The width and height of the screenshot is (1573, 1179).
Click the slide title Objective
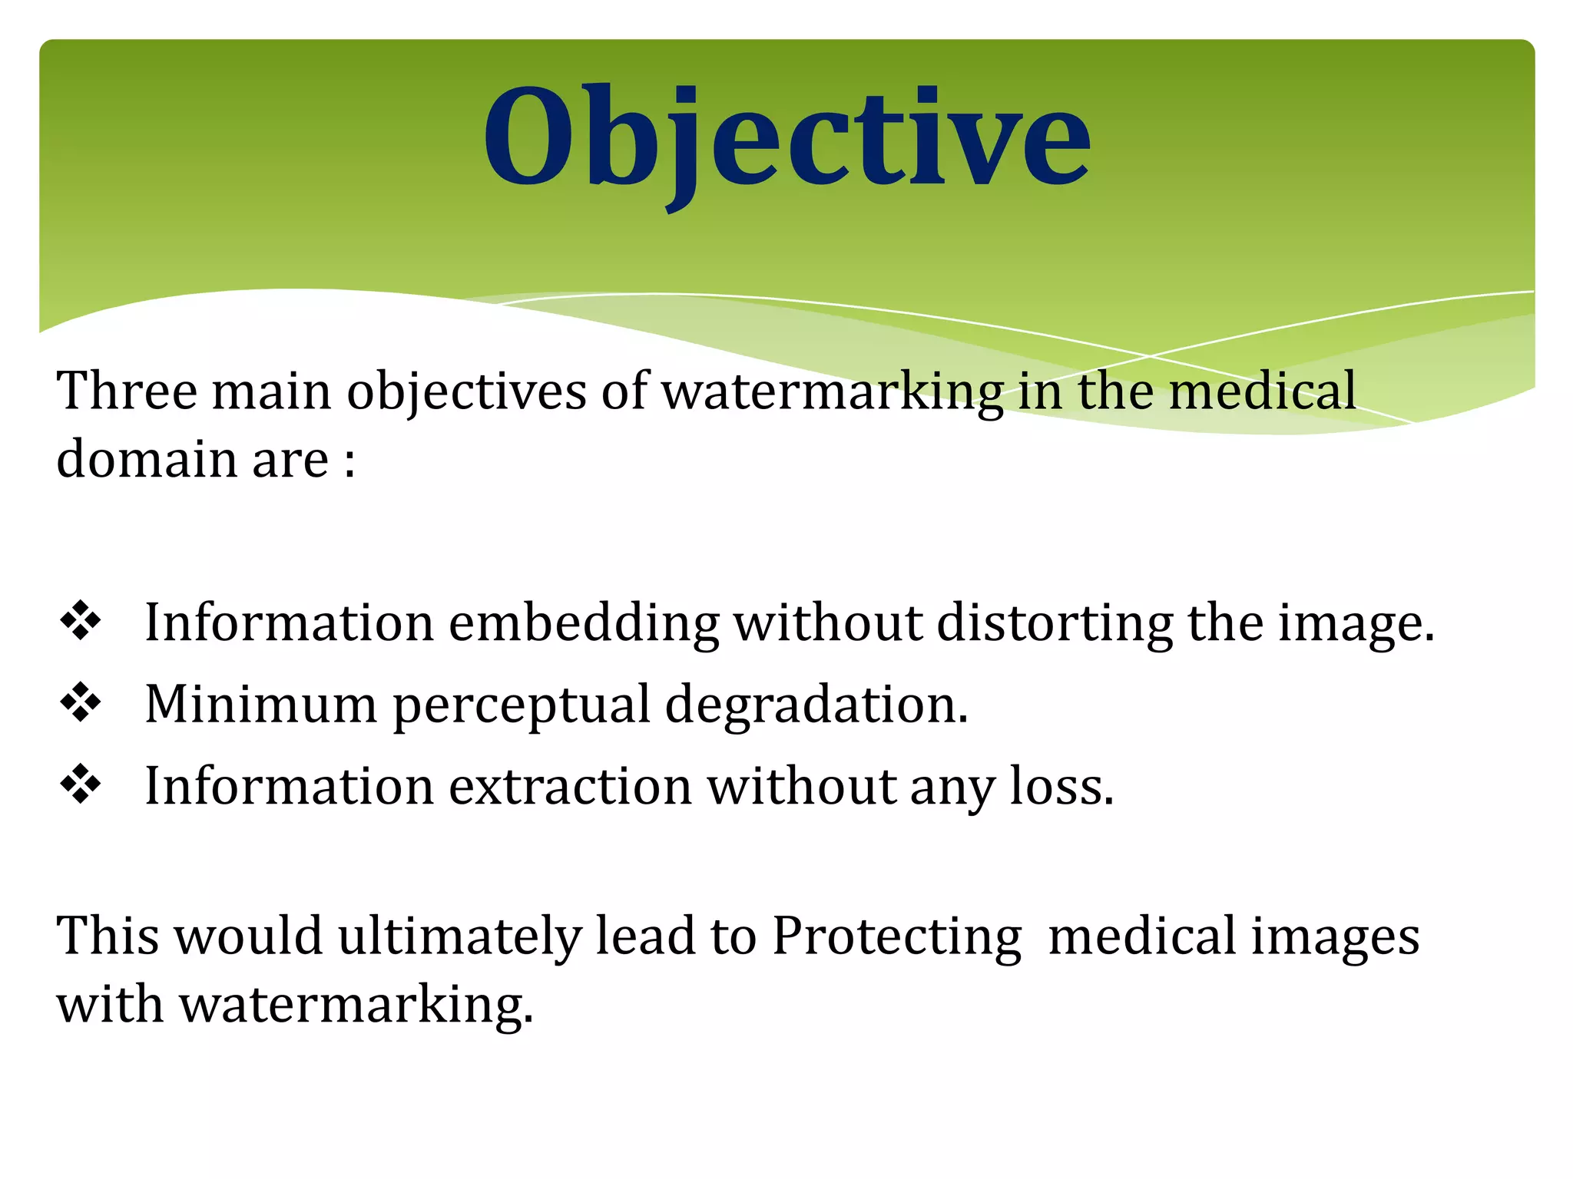pyautogui.click(x=786, y=138)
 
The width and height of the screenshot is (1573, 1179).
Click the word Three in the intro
pyautogui.click(x=127, y=391)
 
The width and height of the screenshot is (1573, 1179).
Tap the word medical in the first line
pyautogui.click(x=1263, y=391)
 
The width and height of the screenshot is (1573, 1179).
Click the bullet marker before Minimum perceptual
pyautogui.click(x=81, y=703)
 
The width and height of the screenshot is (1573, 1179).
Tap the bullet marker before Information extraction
pyautogui.click(x=81, y=784)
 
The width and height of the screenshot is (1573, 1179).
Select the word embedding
pyautogui.click(x=584, y=623)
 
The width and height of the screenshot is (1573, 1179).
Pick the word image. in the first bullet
pyautogui.click(x=1356, y=623)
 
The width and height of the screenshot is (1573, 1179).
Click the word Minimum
pyautogui.click(x=260, y=705)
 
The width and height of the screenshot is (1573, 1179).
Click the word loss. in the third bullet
pyautogui.click(x=1061, y=787)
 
